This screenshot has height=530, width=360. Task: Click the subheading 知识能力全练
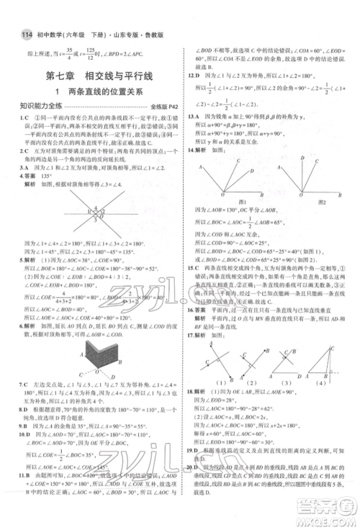30,107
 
